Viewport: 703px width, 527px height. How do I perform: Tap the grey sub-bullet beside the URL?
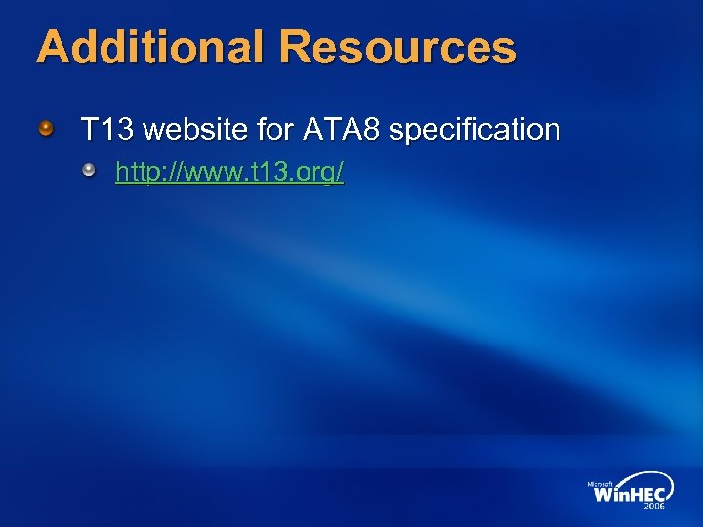[x=90, y=172]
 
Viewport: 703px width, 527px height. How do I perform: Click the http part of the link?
[x=137, y=173]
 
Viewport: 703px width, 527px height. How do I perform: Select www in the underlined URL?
[x=201, y=174]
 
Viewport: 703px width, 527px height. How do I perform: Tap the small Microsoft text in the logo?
[x=600, y=483]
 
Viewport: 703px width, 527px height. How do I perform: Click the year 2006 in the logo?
[x=654, y=507]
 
